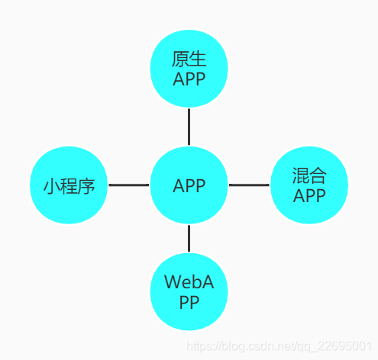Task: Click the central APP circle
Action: pos(189,185)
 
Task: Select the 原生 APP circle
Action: pos(189,69)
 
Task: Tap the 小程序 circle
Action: pos(69,185)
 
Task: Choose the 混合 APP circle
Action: pos(309,185)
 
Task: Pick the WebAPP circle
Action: pos(189,292)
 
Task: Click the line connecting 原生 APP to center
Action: pos(189,127)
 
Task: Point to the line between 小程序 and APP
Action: pos(128,185)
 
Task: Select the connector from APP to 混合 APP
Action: pos(249,185)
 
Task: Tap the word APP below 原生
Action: pos(189,79)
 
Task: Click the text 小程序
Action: pos(69,185)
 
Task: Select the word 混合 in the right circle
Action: pos(309,176)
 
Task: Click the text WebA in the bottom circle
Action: pos(189,283)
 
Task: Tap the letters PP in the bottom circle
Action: pos(189,302)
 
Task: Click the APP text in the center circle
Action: pos(189,185)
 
